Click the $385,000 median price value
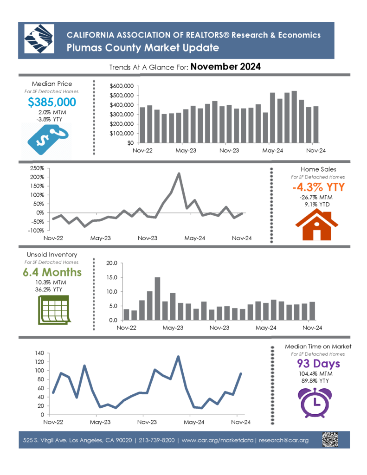pyautogui.click(x=52, y=102)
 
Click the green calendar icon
pyautogui.click(x=54, y=310)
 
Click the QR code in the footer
pyautogui.click(x=330, y=440)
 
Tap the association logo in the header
pyautogui.click(x=39, y=39)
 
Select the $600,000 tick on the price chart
pyautogui.click(x=122, y=86)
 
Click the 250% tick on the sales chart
pyautogui.click(x=37, y=168)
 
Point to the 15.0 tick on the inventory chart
pyautogui.click(x=111, y=277)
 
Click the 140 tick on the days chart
pyautogui.click(x=39, y=353)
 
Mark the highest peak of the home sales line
pyautogui.click(x=179, y=173)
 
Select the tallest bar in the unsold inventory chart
pyautogui.click(x=157, y=298)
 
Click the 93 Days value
pyautogui.click(x=318, y=363)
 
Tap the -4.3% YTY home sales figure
pyautogui.click(x=318, y=187)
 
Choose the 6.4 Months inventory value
pyautogui.click(x=52, y=272)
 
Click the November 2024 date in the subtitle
pyautogui.click(x=225, y=67)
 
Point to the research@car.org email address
pyautogui.click(x=283, y=440)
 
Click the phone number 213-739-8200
pyautogui.click(x=157, y=440)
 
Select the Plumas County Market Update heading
pyautogui.click(x=143, y=48)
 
